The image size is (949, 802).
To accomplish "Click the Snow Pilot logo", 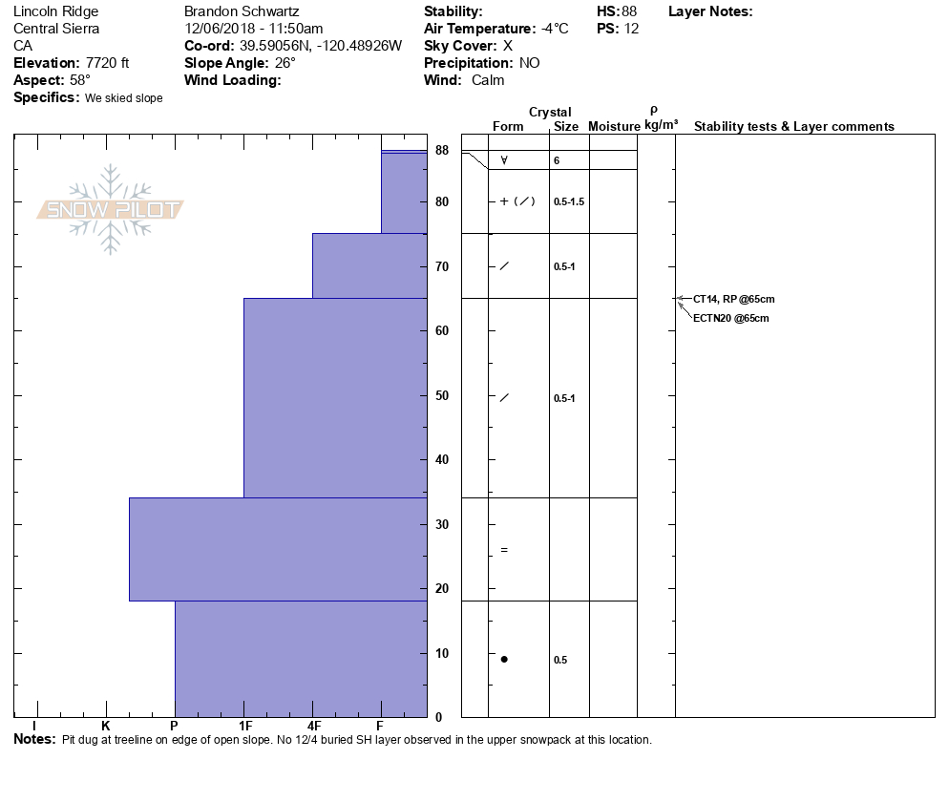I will (111, 209).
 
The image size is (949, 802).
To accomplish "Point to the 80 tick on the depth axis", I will (442, 202).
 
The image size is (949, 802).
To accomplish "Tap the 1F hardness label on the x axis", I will (245, 726).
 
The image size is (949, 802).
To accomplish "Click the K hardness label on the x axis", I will (106, 726).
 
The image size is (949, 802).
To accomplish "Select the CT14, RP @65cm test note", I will (728, 299).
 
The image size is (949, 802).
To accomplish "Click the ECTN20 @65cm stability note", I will (730, 318).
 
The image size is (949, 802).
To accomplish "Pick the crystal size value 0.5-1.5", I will (568, 201).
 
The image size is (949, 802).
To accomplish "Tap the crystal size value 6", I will (557, 160).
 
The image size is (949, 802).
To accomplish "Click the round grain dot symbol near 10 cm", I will (504, 659).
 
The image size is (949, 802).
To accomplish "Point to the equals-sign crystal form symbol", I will (504, 550).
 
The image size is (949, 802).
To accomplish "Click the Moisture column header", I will (614, 127).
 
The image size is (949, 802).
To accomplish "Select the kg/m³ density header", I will (661, 125).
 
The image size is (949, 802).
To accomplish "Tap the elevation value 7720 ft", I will (107, 63).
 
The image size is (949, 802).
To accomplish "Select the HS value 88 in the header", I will (629, 11).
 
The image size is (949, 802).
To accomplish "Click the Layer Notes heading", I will (710, 11).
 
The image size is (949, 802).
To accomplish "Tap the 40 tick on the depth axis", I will (442, 460).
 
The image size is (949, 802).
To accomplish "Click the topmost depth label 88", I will (442, 151).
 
